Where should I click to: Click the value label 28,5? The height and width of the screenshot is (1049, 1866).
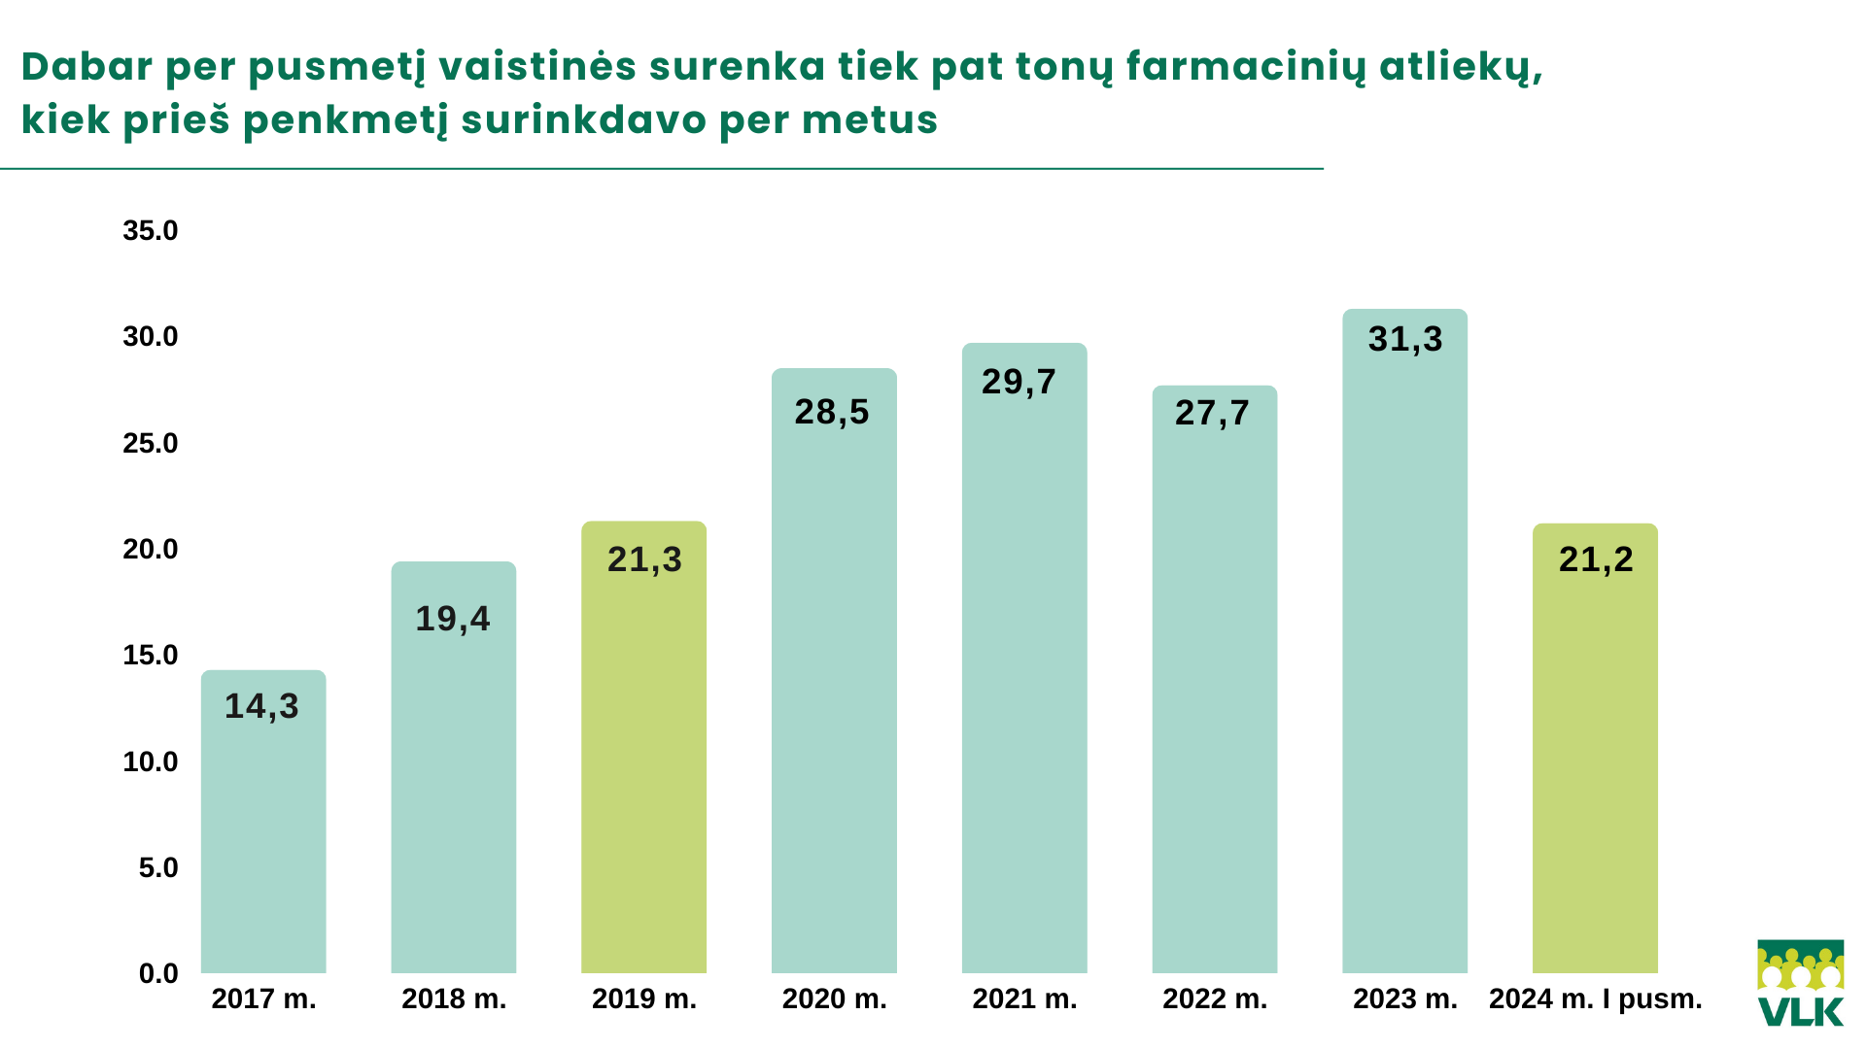point(832,412)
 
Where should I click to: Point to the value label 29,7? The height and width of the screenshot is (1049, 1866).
point(1019,382)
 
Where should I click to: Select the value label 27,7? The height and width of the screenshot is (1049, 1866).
point(1212,413)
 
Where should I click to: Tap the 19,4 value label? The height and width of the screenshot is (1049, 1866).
point(453,619)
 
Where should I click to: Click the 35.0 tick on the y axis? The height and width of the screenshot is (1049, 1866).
point(151,231)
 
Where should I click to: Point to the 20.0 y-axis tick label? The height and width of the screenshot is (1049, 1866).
point(151,550)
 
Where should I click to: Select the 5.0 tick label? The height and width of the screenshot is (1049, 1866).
point(158,867)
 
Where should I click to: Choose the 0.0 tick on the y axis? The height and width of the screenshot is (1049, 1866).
point(158,973)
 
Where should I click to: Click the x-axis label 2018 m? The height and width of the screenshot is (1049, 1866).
point(454,999)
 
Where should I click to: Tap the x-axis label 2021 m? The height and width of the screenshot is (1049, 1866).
point(1024,999)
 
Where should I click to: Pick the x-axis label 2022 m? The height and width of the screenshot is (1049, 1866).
point(1215,999)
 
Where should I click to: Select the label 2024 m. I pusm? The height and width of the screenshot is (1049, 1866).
point(1595,999)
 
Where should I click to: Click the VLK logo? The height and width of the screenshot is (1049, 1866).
point(1800,983)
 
